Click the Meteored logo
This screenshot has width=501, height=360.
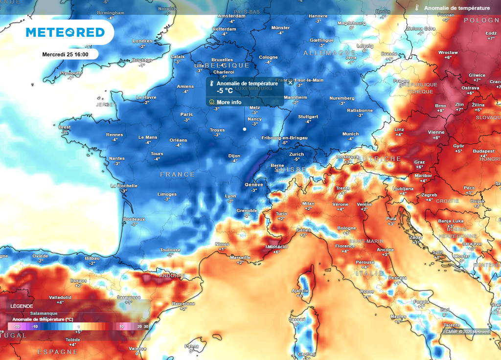pos(65,32)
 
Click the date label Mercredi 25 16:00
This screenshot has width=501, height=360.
pos(65,54)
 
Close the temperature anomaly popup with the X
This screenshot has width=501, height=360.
pos(290,83)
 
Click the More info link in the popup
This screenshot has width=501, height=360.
pos(228,102)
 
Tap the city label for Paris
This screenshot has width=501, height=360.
pos(186,115)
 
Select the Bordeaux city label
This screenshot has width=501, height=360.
pos(134,219)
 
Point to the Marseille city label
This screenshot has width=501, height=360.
pos(240,258)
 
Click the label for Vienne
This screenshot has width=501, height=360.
pos(436,132)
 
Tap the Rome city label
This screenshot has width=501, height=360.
pos(367,292)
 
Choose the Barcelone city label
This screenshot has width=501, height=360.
pos(183,304)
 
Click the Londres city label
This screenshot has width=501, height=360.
pos(142,41)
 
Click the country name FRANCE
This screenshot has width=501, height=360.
pos(177,175)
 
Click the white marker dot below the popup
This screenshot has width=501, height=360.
pos(244,129)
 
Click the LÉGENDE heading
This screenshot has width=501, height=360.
pos(22,306)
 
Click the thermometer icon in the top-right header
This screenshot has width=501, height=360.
pos(417,8)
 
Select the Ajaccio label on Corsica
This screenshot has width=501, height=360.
pos(300,291)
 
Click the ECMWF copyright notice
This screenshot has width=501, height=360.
pos(466,332)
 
